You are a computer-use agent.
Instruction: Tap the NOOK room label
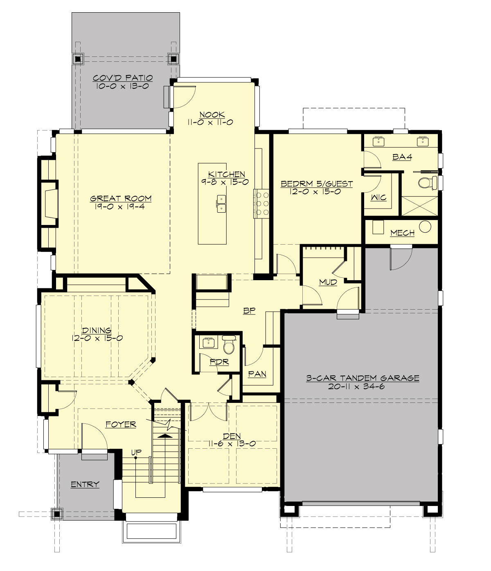click(x=212, y=115)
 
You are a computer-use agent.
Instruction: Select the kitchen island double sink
click(x=222, y=204)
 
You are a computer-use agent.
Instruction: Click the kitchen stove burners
click(x=260, y=203)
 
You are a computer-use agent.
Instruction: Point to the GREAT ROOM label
click(x=121, y=199)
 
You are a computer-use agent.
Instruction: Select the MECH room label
click(x=402, y=233)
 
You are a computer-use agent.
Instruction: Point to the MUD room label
click(x=328, y=283)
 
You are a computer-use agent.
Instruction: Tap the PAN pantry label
click(x=257, y=374)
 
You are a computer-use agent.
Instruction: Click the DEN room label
click(x=232, y=436)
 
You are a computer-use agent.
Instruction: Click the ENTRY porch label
click(x=85, y=485)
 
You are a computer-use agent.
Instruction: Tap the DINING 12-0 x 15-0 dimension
click(x=97, y=338)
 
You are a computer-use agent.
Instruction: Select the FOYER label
click(x=121, y=425)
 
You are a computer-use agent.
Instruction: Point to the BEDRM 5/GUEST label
click(x=316, y=184)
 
